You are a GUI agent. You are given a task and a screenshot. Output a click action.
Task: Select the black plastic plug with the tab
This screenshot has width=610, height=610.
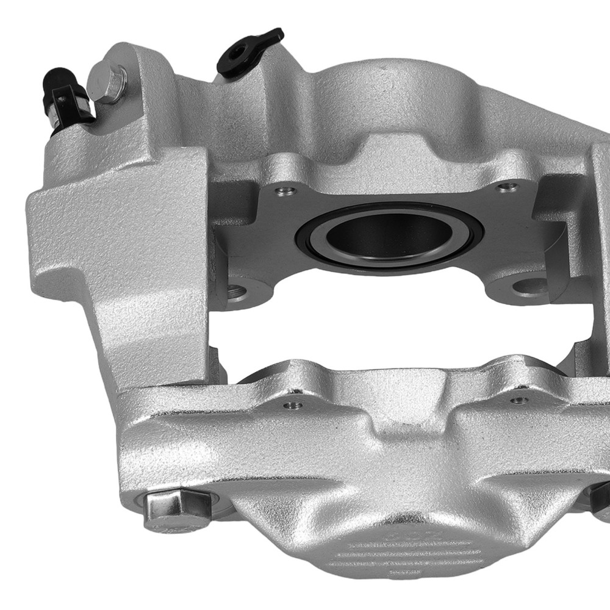[249, 51]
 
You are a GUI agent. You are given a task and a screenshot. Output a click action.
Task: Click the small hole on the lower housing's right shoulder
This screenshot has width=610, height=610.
[518, 400]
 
